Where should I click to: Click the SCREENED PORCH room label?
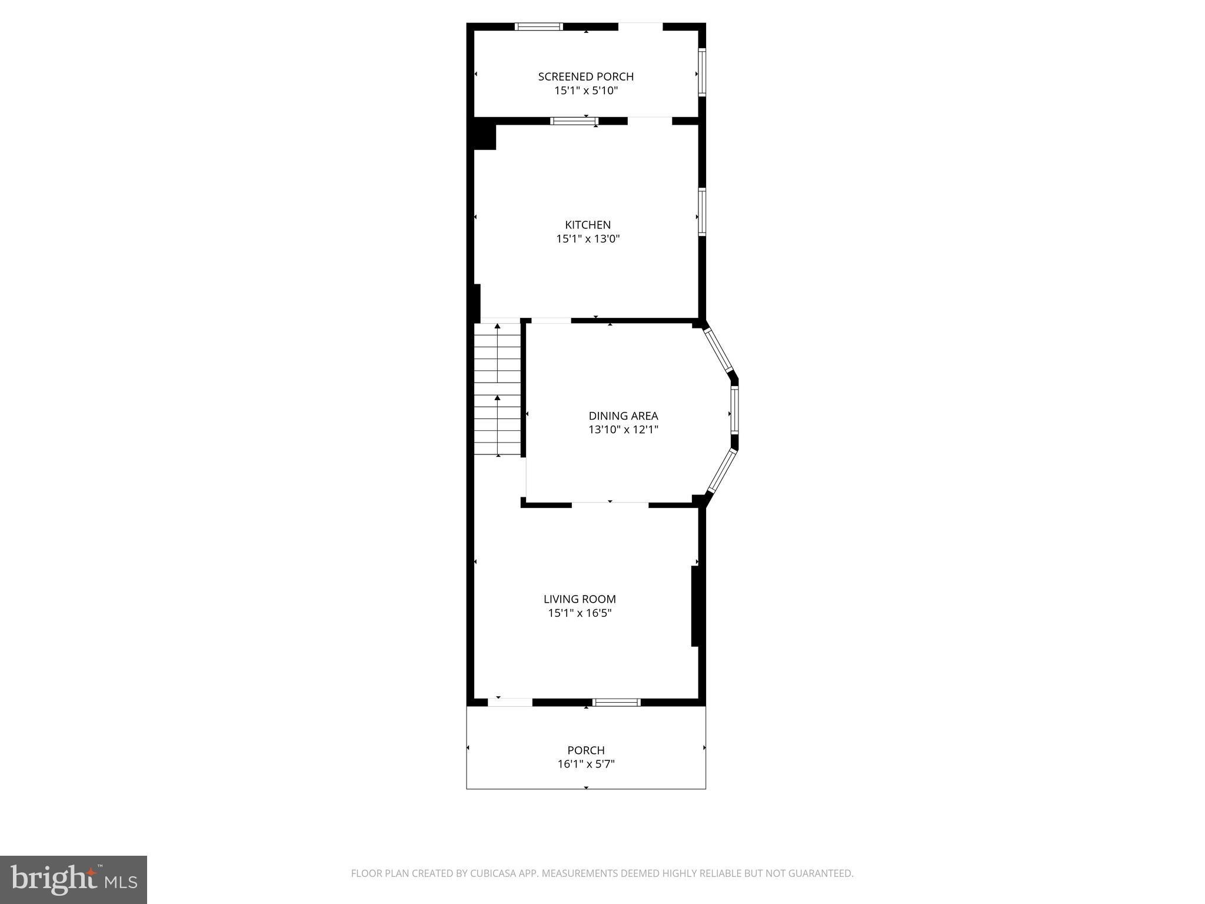coord(585,77)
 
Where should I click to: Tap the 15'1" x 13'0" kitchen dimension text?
coord(588,239)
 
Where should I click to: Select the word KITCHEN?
coord(588,225)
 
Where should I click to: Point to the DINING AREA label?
coord(623,416)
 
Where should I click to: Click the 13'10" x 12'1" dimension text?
coord(623,430)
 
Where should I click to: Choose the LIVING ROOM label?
coord(580,599)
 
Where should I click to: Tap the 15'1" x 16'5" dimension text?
coord(580,613)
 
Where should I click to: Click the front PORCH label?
coord(585,750)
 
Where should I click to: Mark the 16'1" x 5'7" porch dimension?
coord(585,765)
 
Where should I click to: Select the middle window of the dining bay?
coord(734,410)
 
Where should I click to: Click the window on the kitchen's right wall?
coord(702,212)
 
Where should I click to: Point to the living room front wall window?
coord(616,702)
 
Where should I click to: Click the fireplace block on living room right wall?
coord(695,606)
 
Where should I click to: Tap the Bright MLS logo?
coord(74,879)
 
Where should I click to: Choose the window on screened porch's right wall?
coord(702,72)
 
